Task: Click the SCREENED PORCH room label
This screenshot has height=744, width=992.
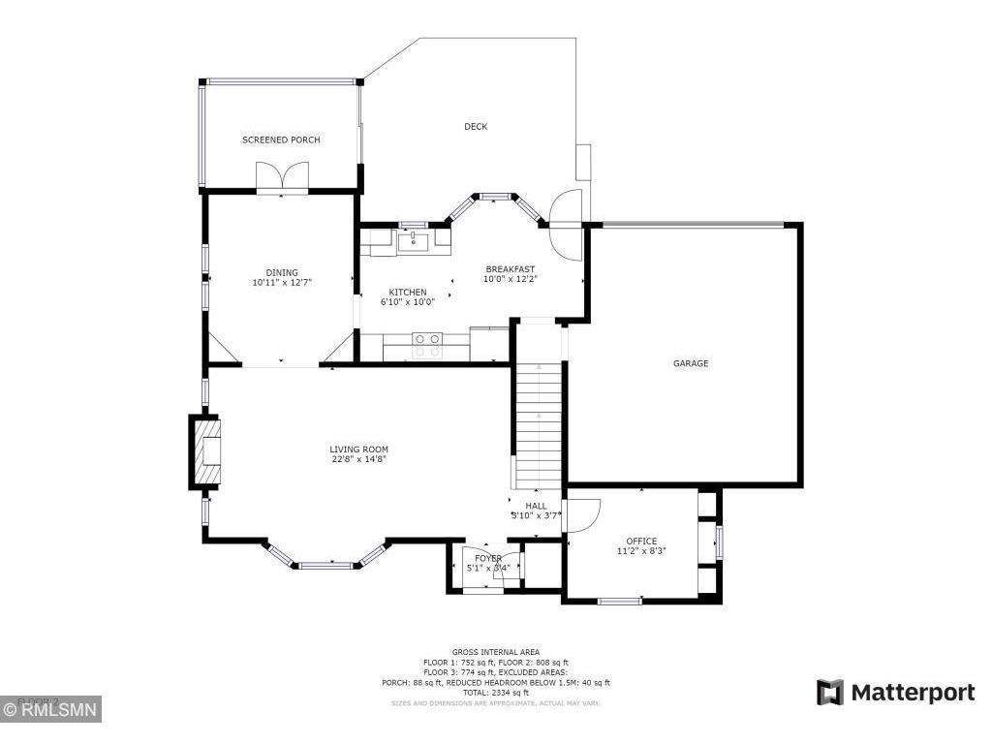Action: (x=281, y=140)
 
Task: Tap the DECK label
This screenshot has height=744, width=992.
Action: (x=476, y=127)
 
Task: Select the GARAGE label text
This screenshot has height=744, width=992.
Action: (x=691, y=364)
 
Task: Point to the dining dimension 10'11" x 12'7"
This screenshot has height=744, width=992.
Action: (x=282, y=283)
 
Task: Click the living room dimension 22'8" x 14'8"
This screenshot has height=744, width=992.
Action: (x=358, y=459)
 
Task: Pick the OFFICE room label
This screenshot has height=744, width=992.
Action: (x=641, y=542)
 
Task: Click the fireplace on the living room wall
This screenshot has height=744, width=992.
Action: (x=205, y=451)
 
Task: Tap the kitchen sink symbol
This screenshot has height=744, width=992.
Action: (x=414, y=238)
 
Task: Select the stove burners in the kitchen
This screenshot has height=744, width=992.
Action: (x=427, y=340)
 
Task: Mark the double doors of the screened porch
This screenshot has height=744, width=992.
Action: (x=282, y=177)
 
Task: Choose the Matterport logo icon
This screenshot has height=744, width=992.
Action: (x=829, y=693)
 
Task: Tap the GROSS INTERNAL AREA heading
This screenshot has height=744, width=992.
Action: (x=496, y=652)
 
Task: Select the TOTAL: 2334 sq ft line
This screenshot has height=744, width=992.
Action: (x=496, y=693)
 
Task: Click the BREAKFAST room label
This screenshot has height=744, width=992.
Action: (x=510, y=269)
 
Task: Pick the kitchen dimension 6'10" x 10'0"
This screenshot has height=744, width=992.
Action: (x=408, y=301)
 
